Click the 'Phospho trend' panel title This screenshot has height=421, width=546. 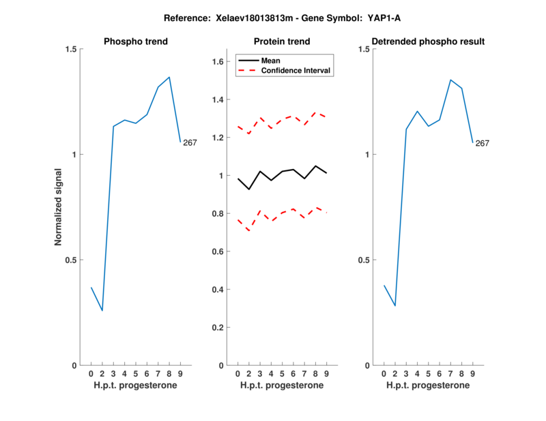(x=136, y=42)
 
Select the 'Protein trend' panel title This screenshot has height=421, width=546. (x=281, y=42)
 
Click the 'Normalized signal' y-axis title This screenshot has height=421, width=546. (x=59, y=207)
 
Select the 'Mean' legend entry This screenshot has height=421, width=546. (x=271, y=60)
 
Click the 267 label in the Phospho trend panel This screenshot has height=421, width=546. (x=190, y=142)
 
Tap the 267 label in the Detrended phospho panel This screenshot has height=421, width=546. (x=483, y=143)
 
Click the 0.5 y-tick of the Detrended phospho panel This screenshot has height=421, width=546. (x=364, y=260)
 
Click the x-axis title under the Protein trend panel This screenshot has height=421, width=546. (x=281, y=386)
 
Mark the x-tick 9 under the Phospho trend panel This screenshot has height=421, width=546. (x=180, y=374)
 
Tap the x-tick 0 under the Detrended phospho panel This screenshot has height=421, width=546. (x=384, y=374)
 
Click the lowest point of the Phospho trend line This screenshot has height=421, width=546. (x=102, y=311)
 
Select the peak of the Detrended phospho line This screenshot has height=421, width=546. (x=450, y=80)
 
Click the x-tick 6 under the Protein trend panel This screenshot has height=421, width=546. (x=293, y=374)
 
